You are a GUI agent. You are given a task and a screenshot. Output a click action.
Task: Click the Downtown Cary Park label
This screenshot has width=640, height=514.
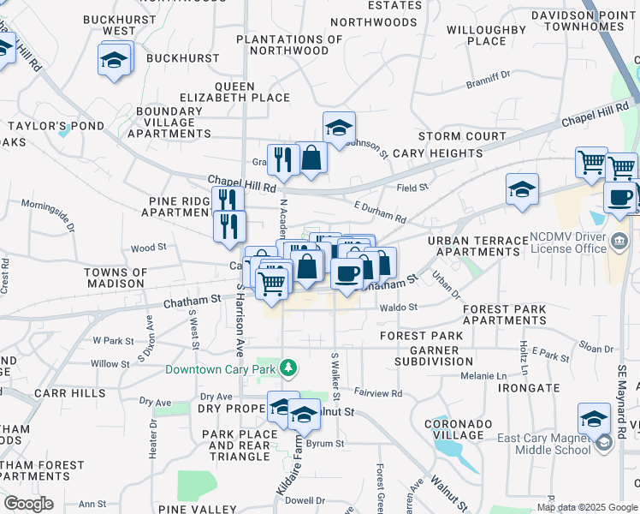point(222,369)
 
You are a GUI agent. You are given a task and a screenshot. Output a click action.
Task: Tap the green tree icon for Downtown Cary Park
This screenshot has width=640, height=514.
point(289,368)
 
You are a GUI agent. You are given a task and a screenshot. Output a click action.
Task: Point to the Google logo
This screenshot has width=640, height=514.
point(28,504)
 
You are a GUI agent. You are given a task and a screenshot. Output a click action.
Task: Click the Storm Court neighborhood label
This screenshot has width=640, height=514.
point(462,136)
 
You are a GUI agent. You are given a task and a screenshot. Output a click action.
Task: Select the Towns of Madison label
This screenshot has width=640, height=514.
point(115,278)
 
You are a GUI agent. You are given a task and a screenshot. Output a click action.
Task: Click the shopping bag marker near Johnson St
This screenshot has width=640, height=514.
point(311,158)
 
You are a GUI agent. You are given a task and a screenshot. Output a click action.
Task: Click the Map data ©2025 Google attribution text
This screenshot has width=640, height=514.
point(587,507)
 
